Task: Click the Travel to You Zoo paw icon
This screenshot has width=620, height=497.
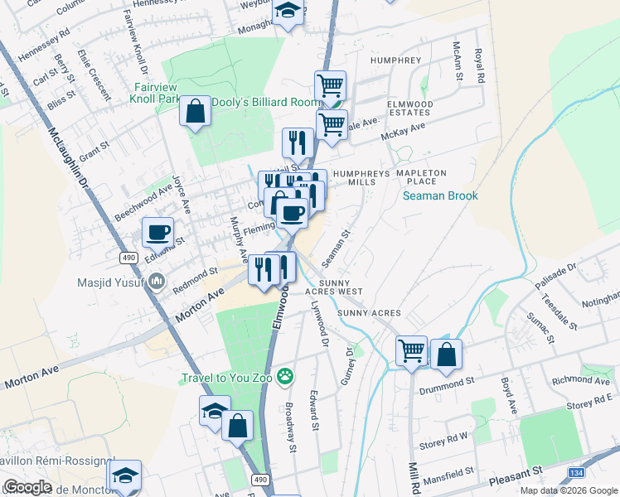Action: point(286,378)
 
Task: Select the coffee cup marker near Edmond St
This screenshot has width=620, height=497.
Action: point(157,233)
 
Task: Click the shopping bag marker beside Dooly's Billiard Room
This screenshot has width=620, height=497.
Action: point(196,113)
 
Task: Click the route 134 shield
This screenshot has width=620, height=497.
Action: point(578,471)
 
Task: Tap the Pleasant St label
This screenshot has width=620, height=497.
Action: point(515,470)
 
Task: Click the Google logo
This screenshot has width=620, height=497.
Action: point(27,486)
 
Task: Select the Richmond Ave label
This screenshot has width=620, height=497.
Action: point(580,381)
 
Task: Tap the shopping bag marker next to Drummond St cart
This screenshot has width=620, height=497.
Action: point(446,355)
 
